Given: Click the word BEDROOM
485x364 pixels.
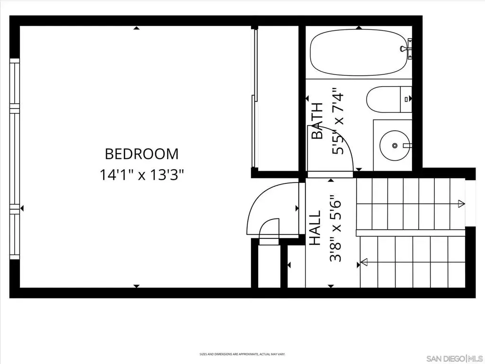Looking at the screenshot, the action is pos(142,154).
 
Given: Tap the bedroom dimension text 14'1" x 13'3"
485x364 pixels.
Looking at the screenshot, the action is pos(142,175).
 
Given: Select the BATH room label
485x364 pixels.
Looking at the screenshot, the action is pos(317,121).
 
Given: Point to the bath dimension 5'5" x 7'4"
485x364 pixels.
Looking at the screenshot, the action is pos(338,121).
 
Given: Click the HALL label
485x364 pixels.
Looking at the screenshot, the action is pos(315,228).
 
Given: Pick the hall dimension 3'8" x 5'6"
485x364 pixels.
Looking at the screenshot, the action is pos(336,228).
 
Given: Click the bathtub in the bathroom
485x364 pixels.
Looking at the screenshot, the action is pos(359,53).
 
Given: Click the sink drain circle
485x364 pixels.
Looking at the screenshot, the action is pos(395,146).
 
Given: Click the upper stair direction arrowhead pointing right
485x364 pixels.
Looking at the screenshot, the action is pos(461,203).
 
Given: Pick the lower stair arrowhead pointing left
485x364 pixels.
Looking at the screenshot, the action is pos(364,262).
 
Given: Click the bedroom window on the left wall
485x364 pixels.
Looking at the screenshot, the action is pos(15,159).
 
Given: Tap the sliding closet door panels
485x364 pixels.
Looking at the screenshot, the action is pos(254,99).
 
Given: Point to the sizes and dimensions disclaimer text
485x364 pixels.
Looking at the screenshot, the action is pos(242,354).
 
